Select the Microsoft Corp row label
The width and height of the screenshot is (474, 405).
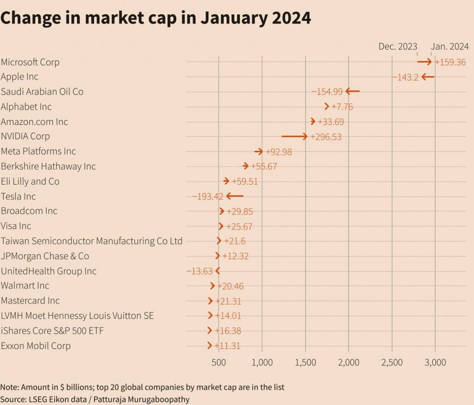pyautogui.click(x=30, y=62)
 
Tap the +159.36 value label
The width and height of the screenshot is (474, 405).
pyautogui.click(x=450, y=62)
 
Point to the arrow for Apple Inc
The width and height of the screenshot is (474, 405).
pyautogui.click(x=427, y=77)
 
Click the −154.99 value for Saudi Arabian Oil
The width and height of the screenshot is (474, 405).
pyautogui.click(x=327, y=92)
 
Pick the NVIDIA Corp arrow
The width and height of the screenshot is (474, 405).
pyautogui.click(x=294, y=137)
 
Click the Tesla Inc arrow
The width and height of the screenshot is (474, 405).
pyautogui.click(x=235, y=196)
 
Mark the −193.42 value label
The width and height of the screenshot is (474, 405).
pyautogui.click(x=208, y=196)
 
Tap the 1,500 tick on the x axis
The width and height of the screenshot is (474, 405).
pyautogui.click(x=306, y=362)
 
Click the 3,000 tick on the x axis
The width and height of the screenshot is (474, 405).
pyautogui.click(x=435, y=362)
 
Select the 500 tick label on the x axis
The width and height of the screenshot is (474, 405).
pyautogui.click(x=219, y=362)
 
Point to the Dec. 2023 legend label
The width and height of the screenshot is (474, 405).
pyautogui.click(x=398, y=46)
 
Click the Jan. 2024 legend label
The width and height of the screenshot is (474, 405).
pyautogui.click(x=450, y=46)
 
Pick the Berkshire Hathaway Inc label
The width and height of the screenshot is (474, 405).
pyautogui.click(x=48, y=166)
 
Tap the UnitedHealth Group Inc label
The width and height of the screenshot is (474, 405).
pyautogui.click(x=49, y=271)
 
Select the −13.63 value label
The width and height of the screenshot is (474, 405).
pyautogui.click(x=200, y=271)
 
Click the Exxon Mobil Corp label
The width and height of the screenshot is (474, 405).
pyautogui.click(x=36, y=346)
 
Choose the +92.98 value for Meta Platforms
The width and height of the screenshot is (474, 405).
pyautogui.click(x=278, y=152)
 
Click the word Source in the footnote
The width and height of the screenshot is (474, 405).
pyautogui.click(x=12, y=399)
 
